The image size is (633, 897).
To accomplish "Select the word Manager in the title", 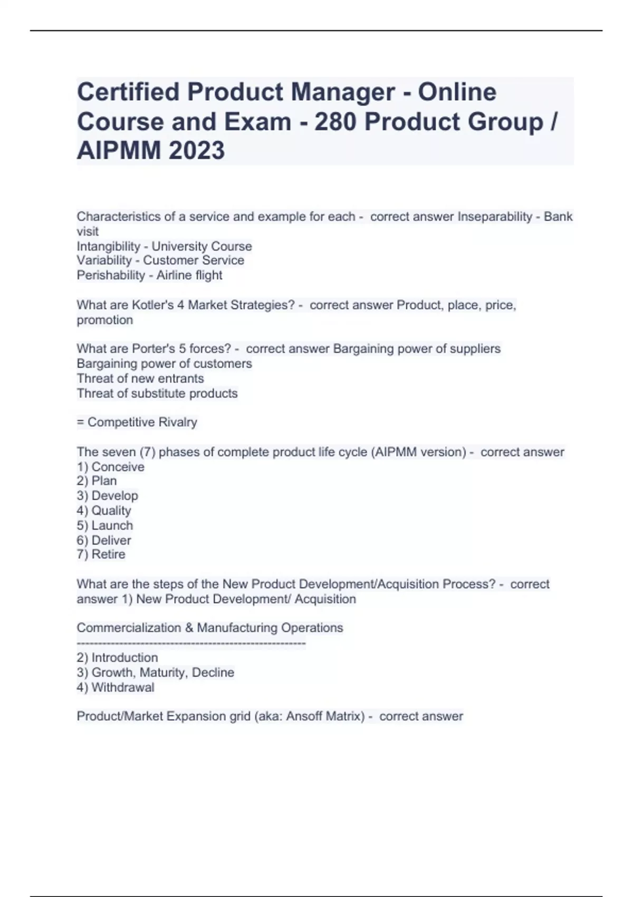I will (x=342, y=92).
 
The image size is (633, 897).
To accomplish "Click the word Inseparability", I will (x=494, y=217).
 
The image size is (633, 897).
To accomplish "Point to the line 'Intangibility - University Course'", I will (x=164, y=246).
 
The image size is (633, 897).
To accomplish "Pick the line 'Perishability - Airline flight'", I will (x=149, y=275).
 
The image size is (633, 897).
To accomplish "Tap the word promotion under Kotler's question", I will (x=104, y=320).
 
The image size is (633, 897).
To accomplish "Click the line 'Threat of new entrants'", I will (x=140, y=378).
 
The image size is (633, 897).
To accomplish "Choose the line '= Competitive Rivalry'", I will (x=137, y=422).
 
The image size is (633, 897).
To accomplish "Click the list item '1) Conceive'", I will (x=110, y=467).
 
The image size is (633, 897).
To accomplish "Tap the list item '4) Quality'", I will (x=103, y=511).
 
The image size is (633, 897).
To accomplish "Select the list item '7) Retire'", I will (x=101, y=555).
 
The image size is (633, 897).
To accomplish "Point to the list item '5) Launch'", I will (x=104, y=526).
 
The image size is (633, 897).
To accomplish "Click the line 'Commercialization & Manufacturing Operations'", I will (x=209, y=628).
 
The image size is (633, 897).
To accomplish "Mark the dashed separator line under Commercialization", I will (x=191, y=643).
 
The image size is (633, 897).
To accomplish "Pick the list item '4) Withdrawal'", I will (x=115, y=688).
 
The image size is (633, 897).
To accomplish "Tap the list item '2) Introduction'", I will (x=117, y=658).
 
